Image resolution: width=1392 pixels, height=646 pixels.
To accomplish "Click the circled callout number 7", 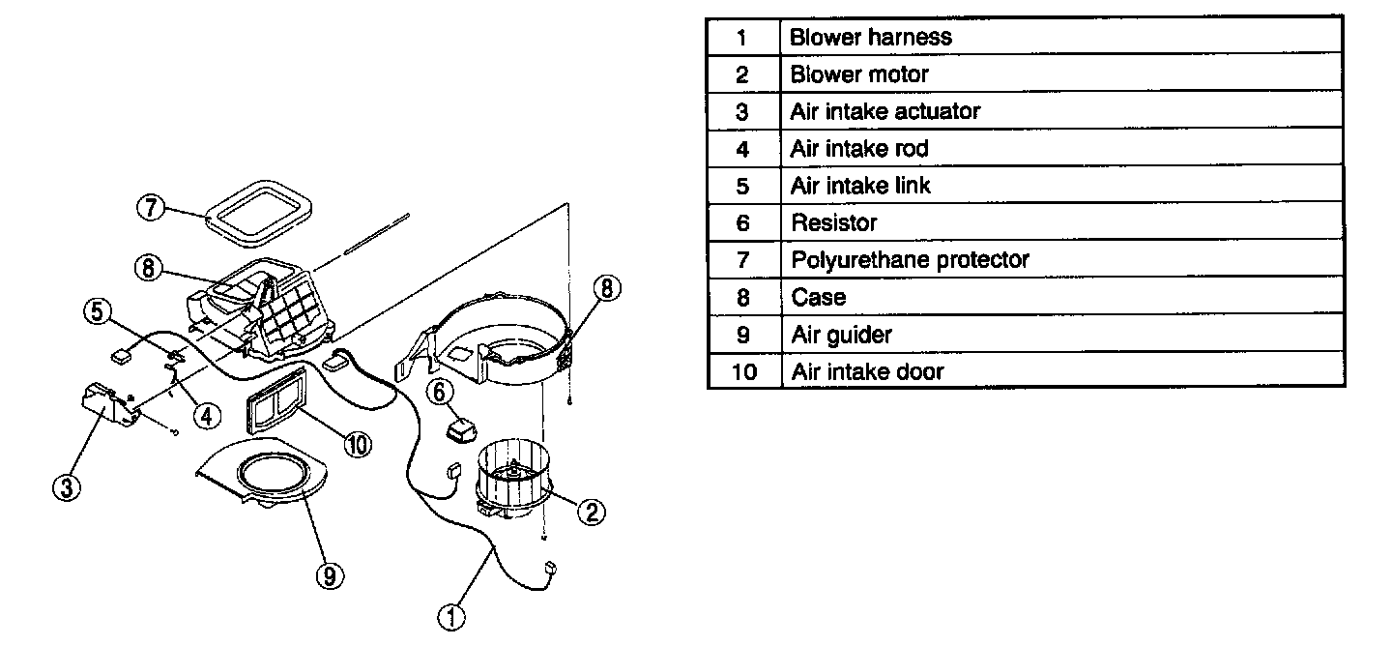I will [152, 208].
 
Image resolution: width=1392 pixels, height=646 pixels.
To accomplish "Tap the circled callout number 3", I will [67, 487].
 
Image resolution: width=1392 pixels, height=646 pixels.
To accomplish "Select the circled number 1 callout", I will [451, 615].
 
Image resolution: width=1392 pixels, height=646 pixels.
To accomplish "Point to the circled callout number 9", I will [330, 575].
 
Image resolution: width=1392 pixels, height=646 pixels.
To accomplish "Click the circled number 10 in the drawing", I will [357, 444].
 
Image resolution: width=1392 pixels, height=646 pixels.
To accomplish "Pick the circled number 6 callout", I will [439, 392].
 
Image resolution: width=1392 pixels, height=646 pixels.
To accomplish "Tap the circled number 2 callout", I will [591, 511].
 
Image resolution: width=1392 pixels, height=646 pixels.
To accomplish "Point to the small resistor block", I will [463, 427].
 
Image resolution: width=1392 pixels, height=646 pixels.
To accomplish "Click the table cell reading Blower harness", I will [871, 38].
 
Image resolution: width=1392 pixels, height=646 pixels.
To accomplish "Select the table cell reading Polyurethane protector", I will [910, 260].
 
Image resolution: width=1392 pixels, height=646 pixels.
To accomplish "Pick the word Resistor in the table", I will [833, 223].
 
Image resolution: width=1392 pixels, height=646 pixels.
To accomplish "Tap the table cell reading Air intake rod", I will [859, 149].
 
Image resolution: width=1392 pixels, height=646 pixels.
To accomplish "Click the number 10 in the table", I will [743, 372].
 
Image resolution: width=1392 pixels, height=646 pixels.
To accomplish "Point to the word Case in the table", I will [818, 298].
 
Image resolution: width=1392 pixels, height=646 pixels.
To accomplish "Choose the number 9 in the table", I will [742, 335].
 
